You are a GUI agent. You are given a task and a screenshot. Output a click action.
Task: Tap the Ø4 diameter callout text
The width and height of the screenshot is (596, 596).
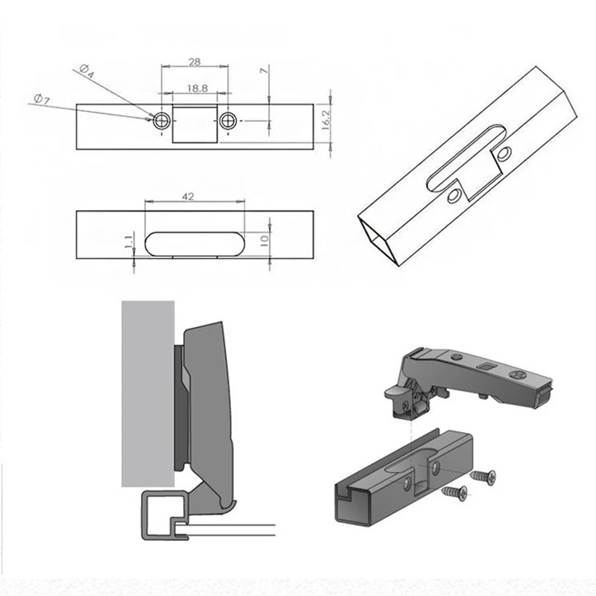coord(87,72)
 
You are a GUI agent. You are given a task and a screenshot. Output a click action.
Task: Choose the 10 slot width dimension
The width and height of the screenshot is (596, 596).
coord(264,241)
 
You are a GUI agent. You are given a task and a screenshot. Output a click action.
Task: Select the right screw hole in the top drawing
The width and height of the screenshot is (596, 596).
coord(227,120)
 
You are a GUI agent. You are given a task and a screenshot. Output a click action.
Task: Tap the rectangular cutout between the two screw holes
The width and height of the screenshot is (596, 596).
coord(194,122)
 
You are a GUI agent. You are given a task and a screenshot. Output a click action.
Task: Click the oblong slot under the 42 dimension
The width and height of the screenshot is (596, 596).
coord(194,243)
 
